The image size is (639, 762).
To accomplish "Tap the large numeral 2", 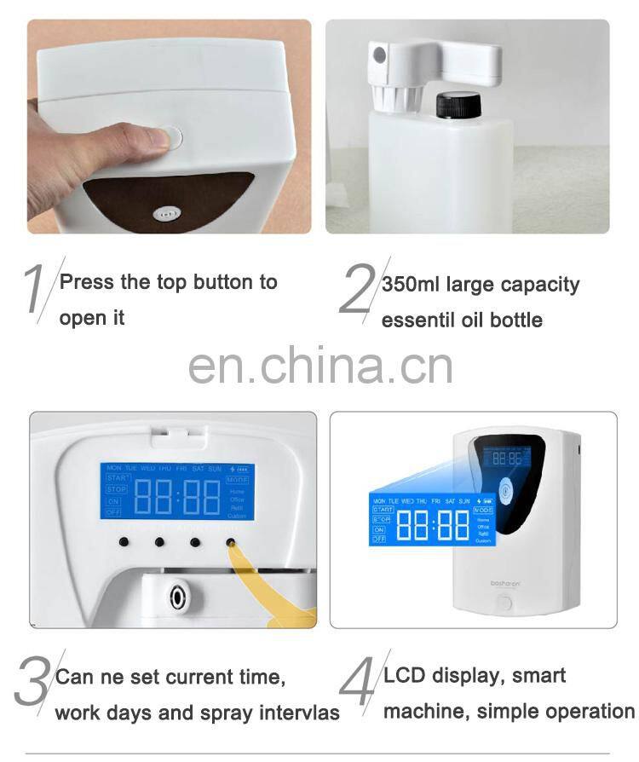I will pyautogui.click(x=356, y=290).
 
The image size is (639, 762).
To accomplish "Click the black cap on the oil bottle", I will pyautogui.click(x=459, y=105).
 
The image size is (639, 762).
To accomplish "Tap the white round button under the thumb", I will pyautogui.click(x=170, y=137).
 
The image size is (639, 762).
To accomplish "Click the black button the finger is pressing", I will pyautogui.click(x=231, y=541).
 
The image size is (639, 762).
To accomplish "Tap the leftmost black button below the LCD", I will pyautogui.click(x=124, y=541).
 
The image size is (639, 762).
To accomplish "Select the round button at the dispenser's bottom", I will pyautogui.click(x=505, y=602).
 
